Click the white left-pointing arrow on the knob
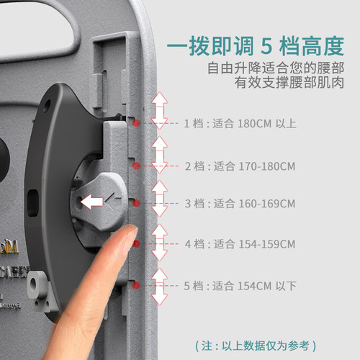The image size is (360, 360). point(91,202)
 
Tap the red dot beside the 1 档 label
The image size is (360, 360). point(137,123)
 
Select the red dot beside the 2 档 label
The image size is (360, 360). point(137,166)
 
